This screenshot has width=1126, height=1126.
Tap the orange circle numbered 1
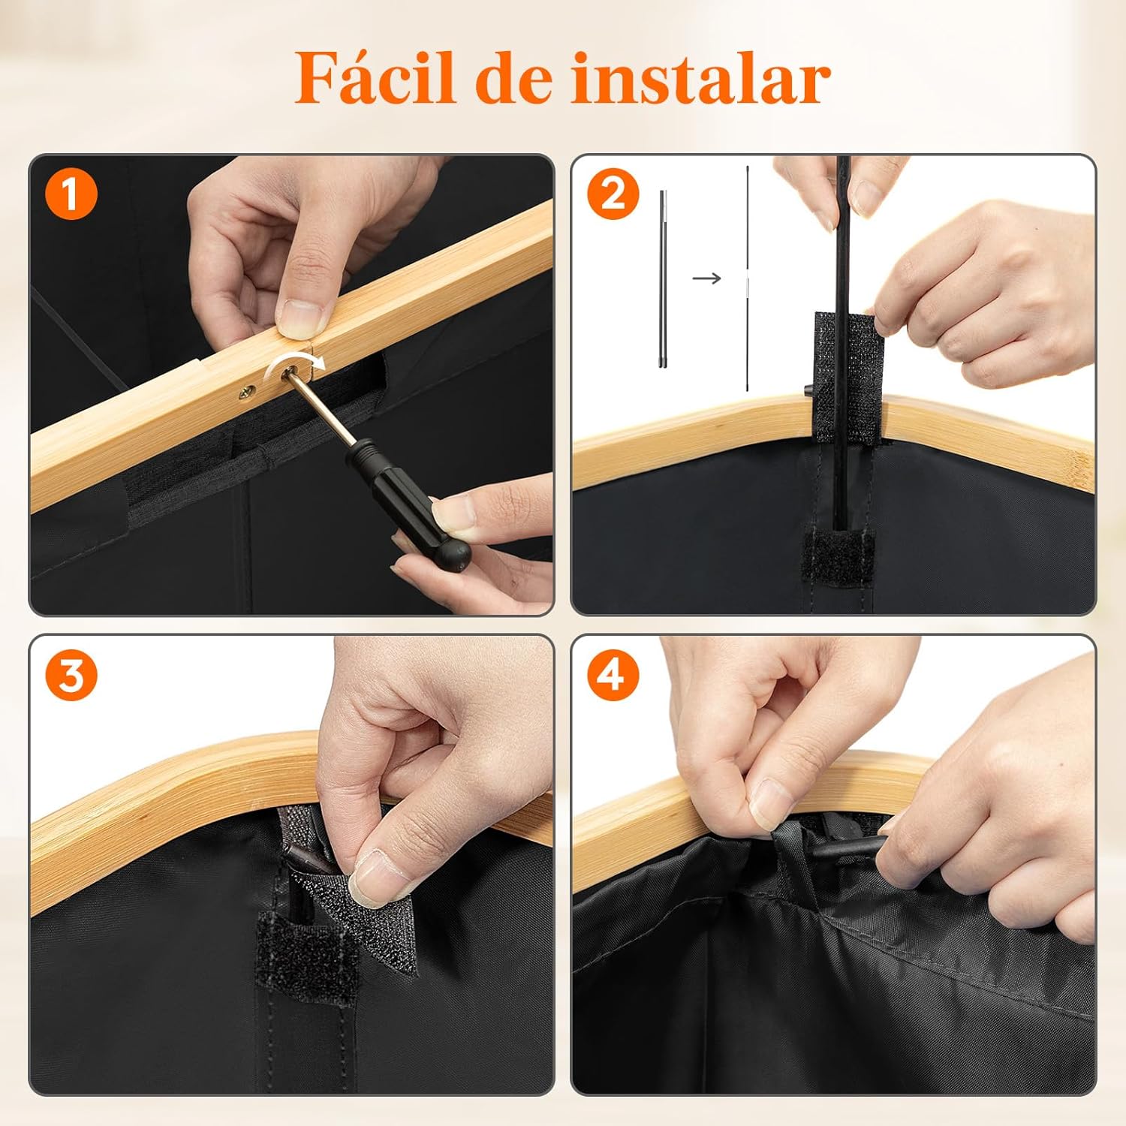(71, 194)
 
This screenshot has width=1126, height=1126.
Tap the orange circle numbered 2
(613, 194)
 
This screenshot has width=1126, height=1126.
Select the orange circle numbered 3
(71, 675)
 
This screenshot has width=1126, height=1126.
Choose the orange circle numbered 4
(613, 675)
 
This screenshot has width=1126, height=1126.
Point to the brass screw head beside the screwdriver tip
(246, 390)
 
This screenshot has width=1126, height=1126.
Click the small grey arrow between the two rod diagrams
(706, 278)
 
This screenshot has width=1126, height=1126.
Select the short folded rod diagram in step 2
(663, 278)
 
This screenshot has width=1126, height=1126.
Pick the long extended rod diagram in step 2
(748, 278)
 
